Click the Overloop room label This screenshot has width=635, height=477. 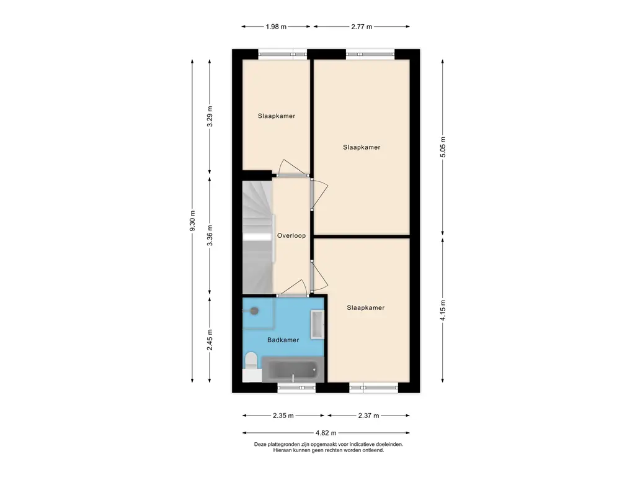291,235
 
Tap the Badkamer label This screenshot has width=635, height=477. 283,340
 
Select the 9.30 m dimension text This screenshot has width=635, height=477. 192,221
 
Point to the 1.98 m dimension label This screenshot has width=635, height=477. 276,27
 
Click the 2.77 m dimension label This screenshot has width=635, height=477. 362,27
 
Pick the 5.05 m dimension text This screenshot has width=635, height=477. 443,147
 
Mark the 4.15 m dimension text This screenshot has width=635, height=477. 443,311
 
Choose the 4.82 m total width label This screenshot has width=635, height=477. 326,433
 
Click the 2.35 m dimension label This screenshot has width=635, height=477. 283,416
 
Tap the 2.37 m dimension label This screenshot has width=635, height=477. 368,416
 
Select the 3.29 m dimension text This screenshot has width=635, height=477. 210,116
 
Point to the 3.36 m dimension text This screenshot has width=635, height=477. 210,235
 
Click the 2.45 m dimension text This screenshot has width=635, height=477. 210,340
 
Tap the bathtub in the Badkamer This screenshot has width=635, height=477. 293,370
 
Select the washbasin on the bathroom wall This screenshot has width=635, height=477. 317,324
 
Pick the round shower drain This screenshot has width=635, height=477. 254,311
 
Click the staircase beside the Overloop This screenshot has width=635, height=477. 257,237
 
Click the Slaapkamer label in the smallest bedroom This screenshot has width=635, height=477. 277,116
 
